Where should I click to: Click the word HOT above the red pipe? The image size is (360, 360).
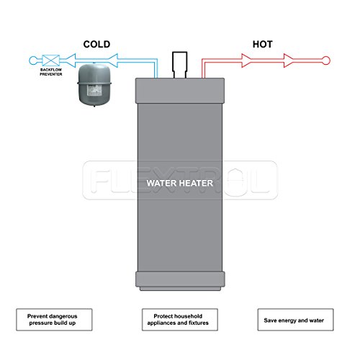coord(262,45)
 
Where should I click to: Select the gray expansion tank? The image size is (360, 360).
coord(95,83)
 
